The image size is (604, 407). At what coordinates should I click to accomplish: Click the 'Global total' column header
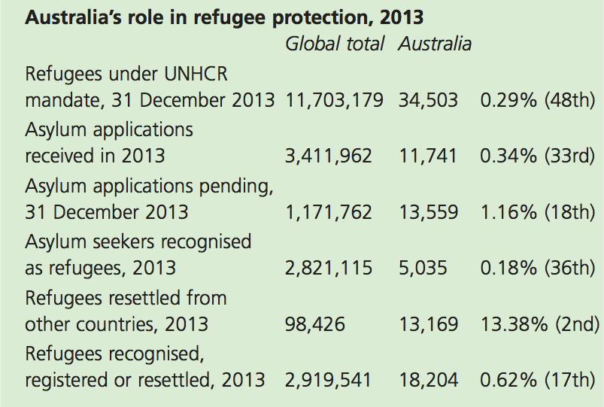pyautogui.click(x=335, y=44)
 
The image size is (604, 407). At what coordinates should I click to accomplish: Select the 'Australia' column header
pyautogui.click(x=435, y=44)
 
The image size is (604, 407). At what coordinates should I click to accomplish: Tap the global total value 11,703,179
pyautogui.click(x=335, y=100)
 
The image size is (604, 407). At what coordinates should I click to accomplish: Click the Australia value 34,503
pyautogui.click(x=428, y=100)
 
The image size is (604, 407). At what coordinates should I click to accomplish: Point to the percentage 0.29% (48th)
pyautogui.click(x=537, y=100)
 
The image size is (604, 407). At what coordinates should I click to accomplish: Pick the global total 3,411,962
pyautogui.click(x=329, y=156)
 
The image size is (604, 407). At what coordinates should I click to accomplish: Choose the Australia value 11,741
pyautogui.click(x=428, y=156)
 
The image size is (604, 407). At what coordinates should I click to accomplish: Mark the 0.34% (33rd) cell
pyautogui.click(x=537, y=156)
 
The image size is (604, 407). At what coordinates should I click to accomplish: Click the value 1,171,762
pyautogui.click(x=329, y=212)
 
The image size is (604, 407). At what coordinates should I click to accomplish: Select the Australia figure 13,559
pyautogui.click(x=428, y=212)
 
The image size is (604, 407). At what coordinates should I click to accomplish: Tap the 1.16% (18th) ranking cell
pyautogui.click(x=537, y=212)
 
